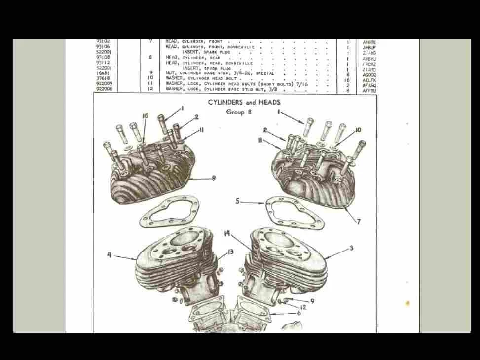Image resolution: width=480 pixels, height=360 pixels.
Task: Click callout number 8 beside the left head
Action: [213, 179]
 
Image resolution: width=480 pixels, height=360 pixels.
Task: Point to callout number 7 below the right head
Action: [359, 222]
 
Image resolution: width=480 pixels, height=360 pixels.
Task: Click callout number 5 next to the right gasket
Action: [237, 201]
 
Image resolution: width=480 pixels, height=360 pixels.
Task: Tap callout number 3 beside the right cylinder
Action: [351, 248]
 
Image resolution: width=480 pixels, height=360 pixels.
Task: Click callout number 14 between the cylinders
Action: [226, 234]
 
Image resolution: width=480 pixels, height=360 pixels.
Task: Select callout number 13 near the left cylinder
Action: [230, 252]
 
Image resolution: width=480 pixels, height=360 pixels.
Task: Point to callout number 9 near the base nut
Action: [312, 301]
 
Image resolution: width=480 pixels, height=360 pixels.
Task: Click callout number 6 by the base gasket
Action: [298, 313]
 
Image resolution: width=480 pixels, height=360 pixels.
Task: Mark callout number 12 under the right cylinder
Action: [303, 307]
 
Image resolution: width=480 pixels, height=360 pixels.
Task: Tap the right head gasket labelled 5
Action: [295, 213]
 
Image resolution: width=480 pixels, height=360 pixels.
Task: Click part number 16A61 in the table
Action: [103, 73]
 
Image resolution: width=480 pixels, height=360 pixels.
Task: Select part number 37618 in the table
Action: [103, 78]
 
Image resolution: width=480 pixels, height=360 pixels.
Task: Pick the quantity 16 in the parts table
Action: [347, 80]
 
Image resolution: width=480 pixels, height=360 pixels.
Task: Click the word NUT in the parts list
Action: [170, 73]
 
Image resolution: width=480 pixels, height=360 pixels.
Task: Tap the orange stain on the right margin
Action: [407, 303]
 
